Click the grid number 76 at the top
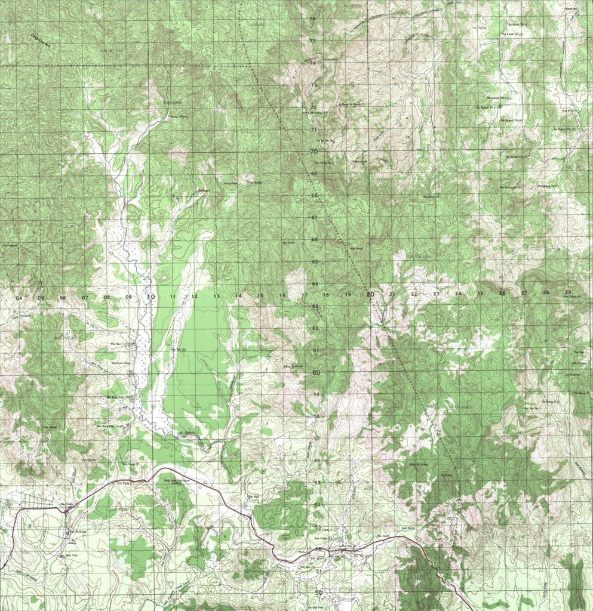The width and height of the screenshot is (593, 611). point(312,19)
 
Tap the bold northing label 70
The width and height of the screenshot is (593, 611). point(313,152)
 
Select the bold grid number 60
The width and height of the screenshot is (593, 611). point(316,372)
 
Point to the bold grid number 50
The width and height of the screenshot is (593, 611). point(319,593)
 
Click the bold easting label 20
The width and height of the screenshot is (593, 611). point(370,294)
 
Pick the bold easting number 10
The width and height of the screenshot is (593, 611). point(150,297)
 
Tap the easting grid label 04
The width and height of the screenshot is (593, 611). point(19,298)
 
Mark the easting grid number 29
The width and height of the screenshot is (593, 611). point(567,292)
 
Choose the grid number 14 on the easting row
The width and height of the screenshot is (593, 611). point(238,295)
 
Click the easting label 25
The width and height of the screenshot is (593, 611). point(480,293)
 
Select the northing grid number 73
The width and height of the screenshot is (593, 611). point(314,85)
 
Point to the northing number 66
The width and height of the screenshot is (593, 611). point(314,240)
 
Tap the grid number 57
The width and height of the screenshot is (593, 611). point(317,439)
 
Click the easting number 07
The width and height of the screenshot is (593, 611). point(85,297)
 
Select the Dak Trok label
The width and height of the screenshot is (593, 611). point(63,556)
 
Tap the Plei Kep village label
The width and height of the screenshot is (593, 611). point(251,496)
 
